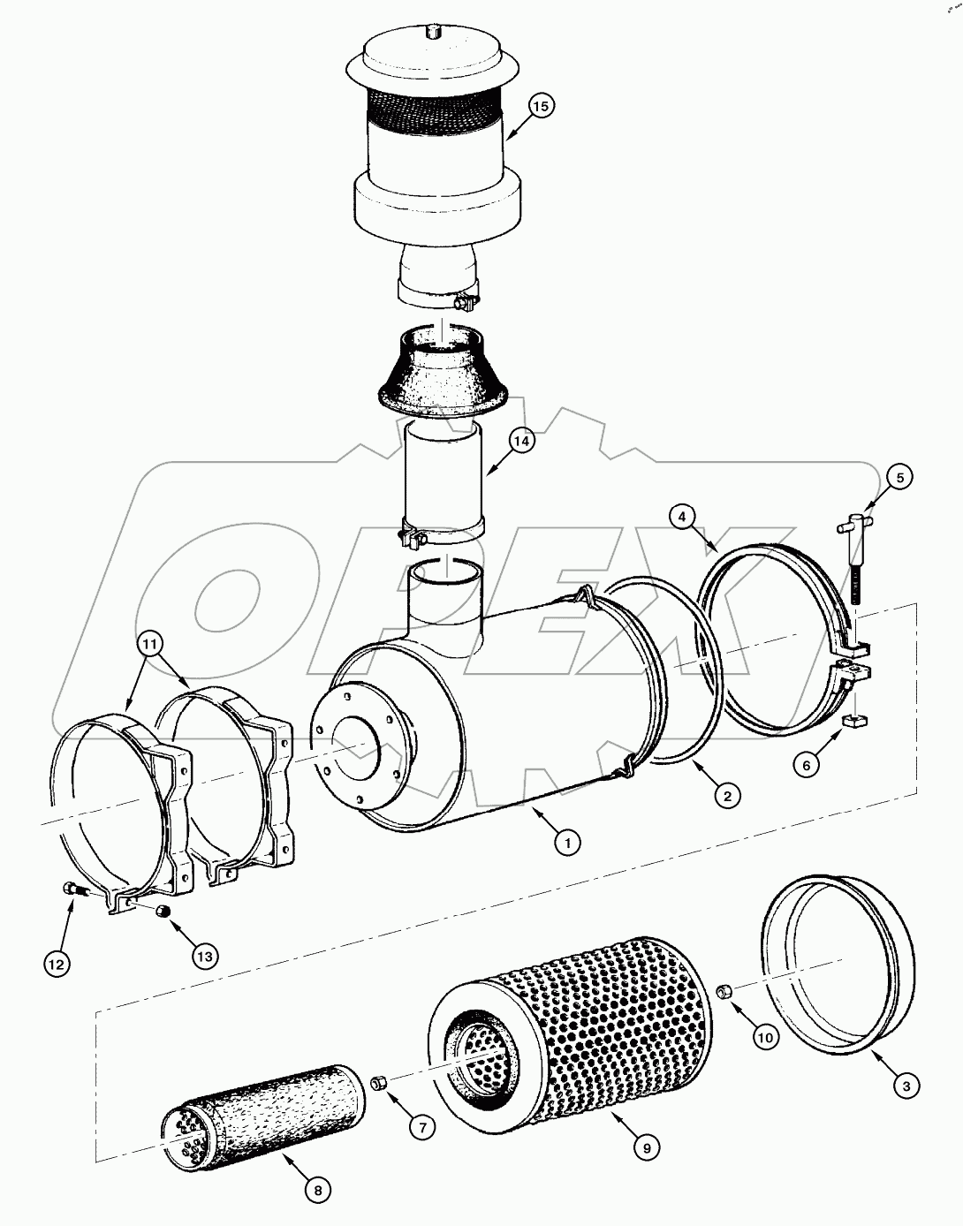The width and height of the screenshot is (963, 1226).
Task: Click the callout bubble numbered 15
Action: tap(542, 106)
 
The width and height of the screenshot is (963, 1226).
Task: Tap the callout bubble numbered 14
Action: tap(522, 441)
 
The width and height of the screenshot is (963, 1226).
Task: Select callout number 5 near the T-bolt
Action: tap(899, 478)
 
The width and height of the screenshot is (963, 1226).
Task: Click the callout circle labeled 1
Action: tap(568, 843)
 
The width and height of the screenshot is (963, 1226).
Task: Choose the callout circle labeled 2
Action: tap(727, 796)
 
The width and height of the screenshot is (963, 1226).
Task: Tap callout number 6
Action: tap(807, 765)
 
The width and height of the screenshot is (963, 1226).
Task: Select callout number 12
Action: tap(57, 964)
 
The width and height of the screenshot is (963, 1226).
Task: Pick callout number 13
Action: tap(205, 955)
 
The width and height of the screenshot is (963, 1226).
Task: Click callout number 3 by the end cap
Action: tap(905, 1086)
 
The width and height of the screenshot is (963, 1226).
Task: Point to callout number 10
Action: tap(765, 1037)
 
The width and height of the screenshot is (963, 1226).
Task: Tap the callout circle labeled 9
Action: tap(647, 1147)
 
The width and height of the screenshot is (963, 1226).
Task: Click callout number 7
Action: tap(422, 1126)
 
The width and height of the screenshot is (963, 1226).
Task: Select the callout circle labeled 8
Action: tap(318, 1190)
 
